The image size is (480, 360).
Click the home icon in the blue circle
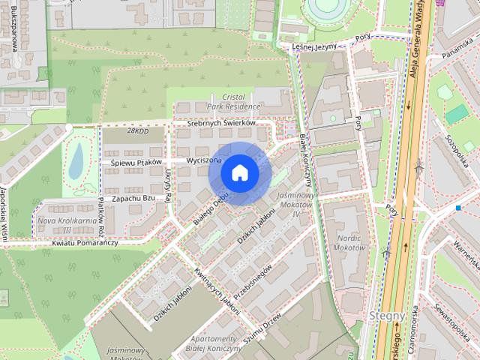[239, 172]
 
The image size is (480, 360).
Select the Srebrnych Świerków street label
[221, 123]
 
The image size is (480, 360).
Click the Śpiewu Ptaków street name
[136, 162]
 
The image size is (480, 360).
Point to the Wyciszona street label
[202, 160]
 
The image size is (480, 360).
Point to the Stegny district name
[387, 316]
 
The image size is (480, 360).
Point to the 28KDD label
[139, 130]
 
